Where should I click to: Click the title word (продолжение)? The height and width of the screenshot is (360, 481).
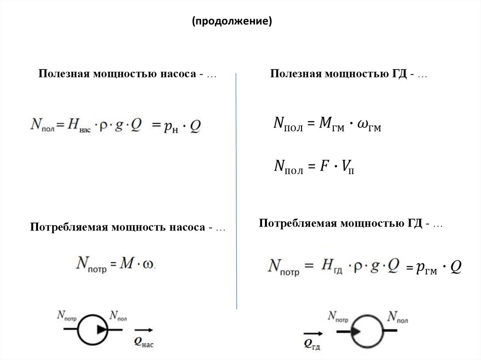[x=231, y=22]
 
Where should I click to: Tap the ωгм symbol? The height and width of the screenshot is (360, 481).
[x=368, y=126]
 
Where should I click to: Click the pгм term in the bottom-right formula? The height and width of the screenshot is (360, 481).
[x=427, y=268]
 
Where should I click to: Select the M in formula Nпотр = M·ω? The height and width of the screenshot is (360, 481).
[x=127, y=263]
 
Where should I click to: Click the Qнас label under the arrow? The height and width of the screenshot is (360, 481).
[x=144, y=343]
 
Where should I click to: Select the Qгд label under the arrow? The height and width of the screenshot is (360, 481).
[x=312, y=345]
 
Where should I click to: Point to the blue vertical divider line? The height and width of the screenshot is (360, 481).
[x=236, y=188]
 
